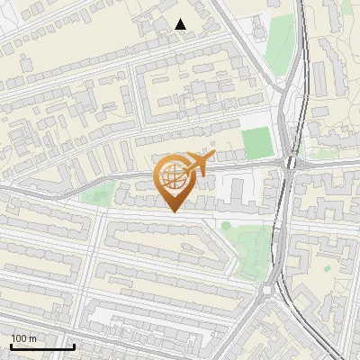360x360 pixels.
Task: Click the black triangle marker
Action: (181, 24)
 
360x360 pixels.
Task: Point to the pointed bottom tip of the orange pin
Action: (174, 211)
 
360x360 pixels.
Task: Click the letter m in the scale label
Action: (32, 339)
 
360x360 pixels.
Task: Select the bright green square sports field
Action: (256, 142)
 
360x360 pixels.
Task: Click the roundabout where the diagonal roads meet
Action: (267, 290)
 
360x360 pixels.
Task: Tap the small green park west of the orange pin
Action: (97, 192)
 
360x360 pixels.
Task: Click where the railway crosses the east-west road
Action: (290, 164)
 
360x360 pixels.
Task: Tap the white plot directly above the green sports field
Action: (257, 118)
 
